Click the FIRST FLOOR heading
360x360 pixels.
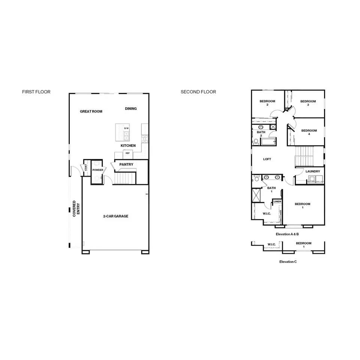[36, 91]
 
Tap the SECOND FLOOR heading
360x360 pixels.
[198, 91]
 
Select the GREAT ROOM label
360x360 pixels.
[91, 111]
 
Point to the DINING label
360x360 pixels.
[131, 109]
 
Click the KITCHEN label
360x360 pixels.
[128, 145]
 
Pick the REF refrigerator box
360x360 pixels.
[127, 153]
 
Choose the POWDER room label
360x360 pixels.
[98, 170]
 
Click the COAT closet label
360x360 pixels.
[86, 168]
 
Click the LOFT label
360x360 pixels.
[267, 159]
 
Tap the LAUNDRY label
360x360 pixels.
[313, 171]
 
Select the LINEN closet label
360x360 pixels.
[277, 202]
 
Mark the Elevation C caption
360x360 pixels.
[288, 262]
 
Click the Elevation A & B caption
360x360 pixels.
[287, 234]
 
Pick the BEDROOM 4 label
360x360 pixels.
[309, 132]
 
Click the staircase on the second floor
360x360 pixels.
[304, 156]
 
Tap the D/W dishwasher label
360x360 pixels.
[126, 128]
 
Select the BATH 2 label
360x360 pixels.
[261, 134]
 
